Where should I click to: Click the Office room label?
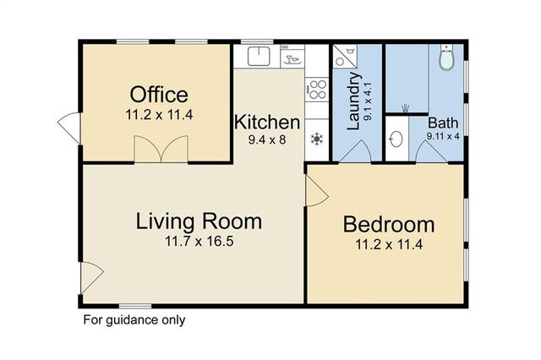pos(159,95)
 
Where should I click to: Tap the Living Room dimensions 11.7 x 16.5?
pos(199,241)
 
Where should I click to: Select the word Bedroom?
pos(389,225)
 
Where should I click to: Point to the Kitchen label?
pos(267,123)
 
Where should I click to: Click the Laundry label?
pos(353,101)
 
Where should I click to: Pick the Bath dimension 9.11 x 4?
pos(443,136)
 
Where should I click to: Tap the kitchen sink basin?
pos(259,57)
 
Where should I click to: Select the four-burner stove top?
pos(317,89)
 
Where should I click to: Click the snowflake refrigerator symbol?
pos(317,139)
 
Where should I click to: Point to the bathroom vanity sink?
pos(396,139)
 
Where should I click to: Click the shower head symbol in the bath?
pos(405,108)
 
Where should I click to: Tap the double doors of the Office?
pos(161,150)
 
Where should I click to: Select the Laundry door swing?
pos(356,151)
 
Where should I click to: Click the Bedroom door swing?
pos(317,191)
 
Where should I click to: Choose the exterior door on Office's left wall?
pos(69,128)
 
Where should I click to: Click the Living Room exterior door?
pos(92,278)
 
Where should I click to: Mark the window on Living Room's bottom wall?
pos(135,306)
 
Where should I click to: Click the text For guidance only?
pos(134,319)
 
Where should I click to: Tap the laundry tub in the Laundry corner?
pos(345,55)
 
